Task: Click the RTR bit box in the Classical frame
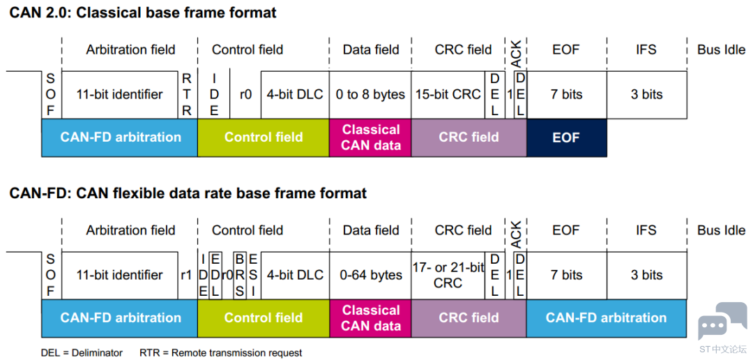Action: [188, 95]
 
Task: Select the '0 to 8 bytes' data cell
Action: [370, 95]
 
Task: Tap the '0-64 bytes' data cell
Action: [370, 276]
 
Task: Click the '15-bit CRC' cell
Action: [448, 95]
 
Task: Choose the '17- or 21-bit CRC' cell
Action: [448, 276]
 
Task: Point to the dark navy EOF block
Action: [567, 137]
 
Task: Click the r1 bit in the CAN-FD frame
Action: [188, 276]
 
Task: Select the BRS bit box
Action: [239, 276]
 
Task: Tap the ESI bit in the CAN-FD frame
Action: [252, 276]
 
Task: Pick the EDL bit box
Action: [215, 276]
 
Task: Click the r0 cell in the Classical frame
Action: [245, 95]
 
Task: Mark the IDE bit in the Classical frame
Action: [214, 95]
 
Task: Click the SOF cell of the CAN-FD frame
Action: [51, 276]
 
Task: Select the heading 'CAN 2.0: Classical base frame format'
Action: [143, 13]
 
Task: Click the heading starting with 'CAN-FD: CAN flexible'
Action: [188, 193]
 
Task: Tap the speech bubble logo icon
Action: [720, 321]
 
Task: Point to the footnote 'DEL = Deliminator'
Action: [82, 353]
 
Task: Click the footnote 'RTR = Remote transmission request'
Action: [220, 353]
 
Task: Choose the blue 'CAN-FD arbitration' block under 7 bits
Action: [606, 317]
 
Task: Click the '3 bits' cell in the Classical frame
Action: [646, 95]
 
